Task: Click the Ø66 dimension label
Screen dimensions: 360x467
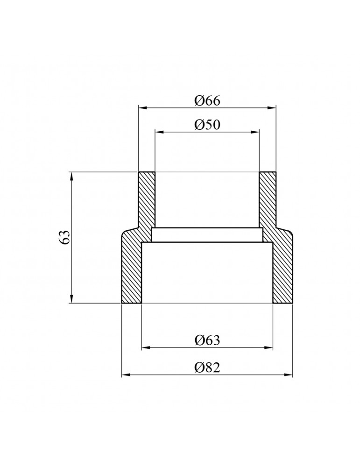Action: tap(207, 101)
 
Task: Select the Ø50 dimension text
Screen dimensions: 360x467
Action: tap(207, 125)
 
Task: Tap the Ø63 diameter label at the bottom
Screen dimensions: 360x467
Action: tap(207, 340)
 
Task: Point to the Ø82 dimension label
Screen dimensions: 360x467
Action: tap(207, 368)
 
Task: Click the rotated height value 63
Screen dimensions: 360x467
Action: tap(65, 237)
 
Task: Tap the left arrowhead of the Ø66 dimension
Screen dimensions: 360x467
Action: tap(142, 107)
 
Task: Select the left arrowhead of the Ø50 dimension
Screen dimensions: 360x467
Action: tap(159, 131)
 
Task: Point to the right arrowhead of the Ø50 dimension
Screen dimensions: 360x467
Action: tap(255, 131)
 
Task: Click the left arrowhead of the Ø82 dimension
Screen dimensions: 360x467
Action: tap(126, 375)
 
